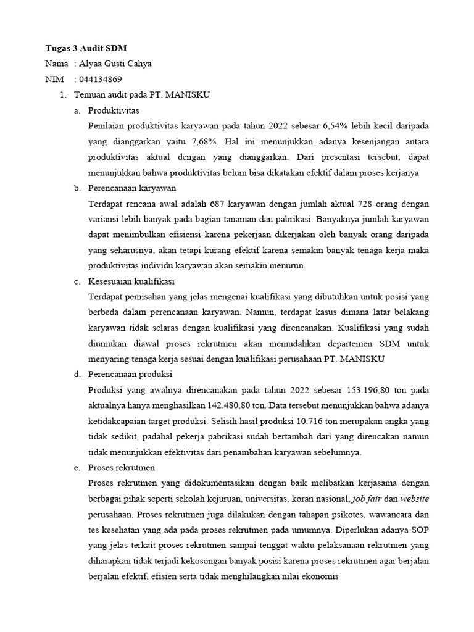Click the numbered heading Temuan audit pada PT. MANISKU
142,95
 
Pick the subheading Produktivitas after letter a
114,111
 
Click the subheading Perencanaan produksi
130,375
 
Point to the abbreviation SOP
420,530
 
